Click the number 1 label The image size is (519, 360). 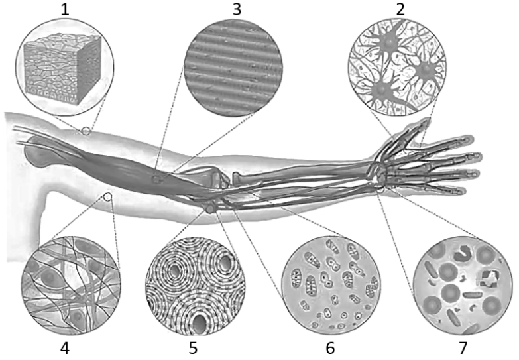[65, 9]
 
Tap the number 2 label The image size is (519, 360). [400, 9]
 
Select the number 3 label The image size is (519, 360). [237, 9]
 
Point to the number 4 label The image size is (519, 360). [65, 349]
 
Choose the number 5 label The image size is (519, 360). [193, 349]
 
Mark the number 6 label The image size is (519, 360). [330, 349]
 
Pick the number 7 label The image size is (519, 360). [463, 349]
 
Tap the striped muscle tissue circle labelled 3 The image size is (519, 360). [233, 68]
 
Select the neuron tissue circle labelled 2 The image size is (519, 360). [397, 67]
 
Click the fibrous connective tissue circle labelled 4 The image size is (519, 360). [71, 286]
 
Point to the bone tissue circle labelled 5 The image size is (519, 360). [196, 286]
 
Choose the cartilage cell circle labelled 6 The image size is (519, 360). [331, 286]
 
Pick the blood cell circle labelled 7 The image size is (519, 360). [463, 286]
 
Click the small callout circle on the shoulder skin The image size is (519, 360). [86, 131]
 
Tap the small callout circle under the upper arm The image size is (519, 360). [107, 197]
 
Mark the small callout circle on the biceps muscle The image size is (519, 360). [156, 180]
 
